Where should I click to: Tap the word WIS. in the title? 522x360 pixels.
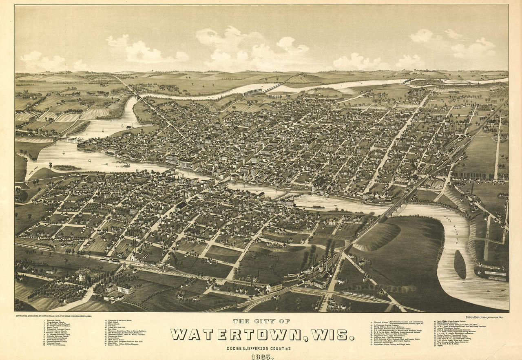click(x=332, y=335)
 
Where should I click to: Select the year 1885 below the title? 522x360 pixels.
click(x=262, y=357)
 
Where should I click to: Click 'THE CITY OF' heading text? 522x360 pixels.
click(x=261, y=322)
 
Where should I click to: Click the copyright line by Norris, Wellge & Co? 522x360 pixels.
click(x=60, y=316)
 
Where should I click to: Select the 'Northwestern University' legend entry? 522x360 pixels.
click(x=58, y=350)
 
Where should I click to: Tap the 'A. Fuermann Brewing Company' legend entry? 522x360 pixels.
click(x=388, y=326)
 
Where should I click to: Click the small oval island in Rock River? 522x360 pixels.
click(x=460, y=264)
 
